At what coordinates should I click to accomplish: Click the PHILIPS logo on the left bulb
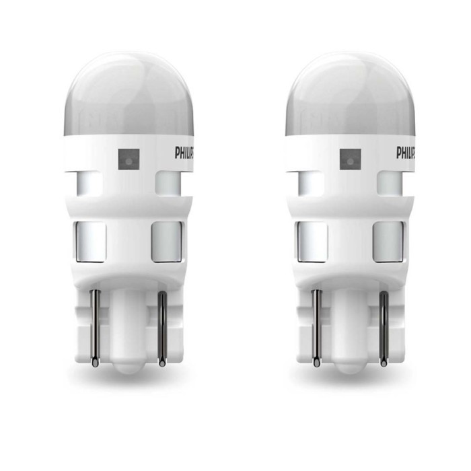pyautogui.click(x=184, y=152)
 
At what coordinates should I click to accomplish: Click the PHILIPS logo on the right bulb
pyautogui.click(x=406, y=152)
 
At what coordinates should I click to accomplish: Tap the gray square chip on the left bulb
pyautogui.click(x=129, y=159)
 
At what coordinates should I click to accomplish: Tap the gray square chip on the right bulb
pyautogui.click(x=351, y=159)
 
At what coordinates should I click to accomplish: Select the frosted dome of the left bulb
pyautogui.click(x=129, y=96)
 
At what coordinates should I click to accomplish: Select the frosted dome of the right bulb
pyautogui.click(x=351, y=96)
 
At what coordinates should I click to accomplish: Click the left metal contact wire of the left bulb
pyautogui.click(x=95, y=328)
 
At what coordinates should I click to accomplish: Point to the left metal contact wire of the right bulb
pyautogui.click(x=317, y=328)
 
